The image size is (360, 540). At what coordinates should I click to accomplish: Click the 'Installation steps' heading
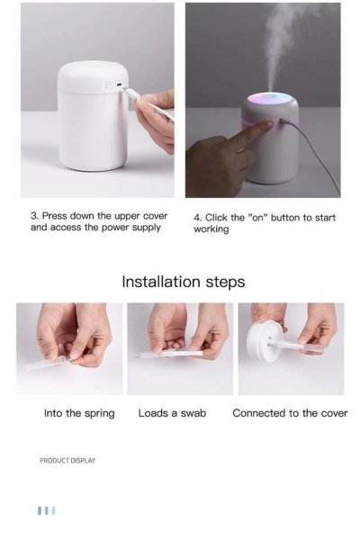pyautogui.click(x=184, y=282)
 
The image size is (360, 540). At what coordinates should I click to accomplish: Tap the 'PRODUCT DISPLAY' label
pyautogui.click(x=67, y=461)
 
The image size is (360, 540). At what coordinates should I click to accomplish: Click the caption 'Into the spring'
pyautogui.click(x=79, y=413)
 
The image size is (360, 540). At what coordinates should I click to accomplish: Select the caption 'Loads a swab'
pyautogui.click(x=172, y=413)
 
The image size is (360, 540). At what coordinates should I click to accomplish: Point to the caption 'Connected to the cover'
pyautogui.click(x=290, y=413)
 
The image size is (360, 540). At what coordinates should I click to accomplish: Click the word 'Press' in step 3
pyautogui.click(x=54, y=216)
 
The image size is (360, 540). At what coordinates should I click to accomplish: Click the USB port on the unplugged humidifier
pyautogui.click(x=119, y=85)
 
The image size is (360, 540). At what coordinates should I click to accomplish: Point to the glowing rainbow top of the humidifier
pyautogui.click(x=272, y=99)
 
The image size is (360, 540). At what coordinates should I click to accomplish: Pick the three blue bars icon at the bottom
pyautogui.click(x=47, y=510)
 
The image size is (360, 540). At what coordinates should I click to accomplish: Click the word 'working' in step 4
pyautogui.click(x=211, y=229)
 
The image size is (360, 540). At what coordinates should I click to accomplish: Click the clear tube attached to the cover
pyautogui.click(x=296, y=346)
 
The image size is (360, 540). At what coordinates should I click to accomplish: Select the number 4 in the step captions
pyautogui.click(x=197, y=218)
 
